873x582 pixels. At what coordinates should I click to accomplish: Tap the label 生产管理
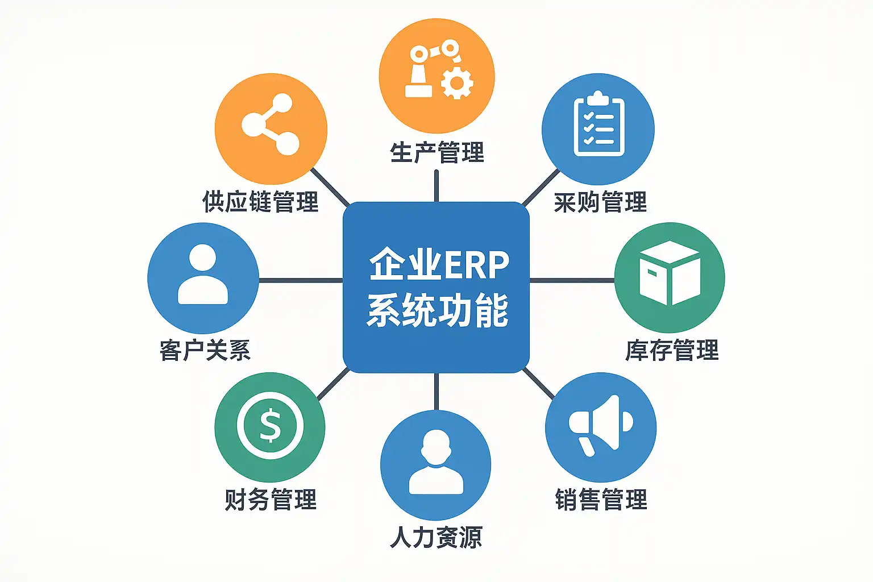(x=436, y=153)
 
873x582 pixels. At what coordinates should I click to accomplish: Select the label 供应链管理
(x=260, y=202)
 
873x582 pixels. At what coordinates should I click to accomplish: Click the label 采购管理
(x=600, y=202)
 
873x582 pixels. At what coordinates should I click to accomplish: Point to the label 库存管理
(x=672, y=350)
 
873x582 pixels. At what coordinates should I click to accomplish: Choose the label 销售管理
(x=601, y=500)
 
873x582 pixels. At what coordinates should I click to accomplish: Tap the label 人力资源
(x=436, y=537)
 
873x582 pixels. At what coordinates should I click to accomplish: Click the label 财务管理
(x=271, y=500)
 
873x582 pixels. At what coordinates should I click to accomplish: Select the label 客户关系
(x=205, y=350)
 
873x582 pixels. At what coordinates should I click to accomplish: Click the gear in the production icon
(x=456, y=84)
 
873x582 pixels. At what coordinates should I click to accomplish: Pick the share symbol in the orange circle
(x=271, y=124)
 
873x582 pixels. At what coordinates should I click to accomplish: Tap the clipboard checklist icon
(x=598, y=125)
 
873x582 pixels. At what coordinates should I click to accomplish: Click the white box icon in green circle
(x=670, y=273)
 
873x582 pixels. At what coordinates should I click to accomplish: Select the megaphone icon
(x=600, y=425)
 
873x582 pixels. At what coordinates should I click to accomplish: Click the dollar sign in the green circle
(x=270, y=426)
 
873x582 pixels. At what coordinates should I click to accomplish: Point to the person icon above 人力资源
(x=436, y=463)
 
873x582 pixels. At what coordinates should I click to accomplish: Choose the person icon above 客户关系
(x=203, y=275)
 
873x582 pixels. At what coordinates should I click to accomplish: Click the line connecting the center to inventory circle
(x=572, y=280)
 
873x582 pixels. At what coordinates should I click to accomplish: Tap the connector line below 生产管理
(x=436, y=185)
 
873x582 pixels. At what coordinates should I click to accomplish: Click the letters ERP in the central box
(x=476, y=265)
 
